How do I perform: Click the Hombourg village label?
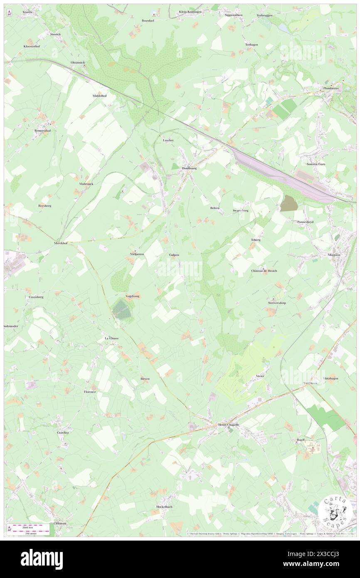click(189, 168)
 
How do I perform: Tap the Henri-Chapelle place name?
click(229, 425)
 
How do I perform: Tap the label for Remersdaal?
click(42, 131)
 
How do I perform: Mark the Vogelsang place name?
click(133, 296)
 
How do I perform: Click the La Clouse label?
click(111, 338)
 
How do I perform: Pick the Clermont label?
click(60, 523)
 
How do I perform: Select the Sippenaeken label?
click(233, 15)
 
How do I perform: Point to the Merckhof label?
click(62, 243)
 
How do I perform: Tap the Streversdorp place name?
click(276, 303)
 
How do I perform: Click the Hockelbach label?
click(164, 507)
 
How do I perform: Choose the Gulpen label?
click(174, 254)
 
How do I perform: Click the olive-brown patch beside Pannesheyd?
click(287, 203)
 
